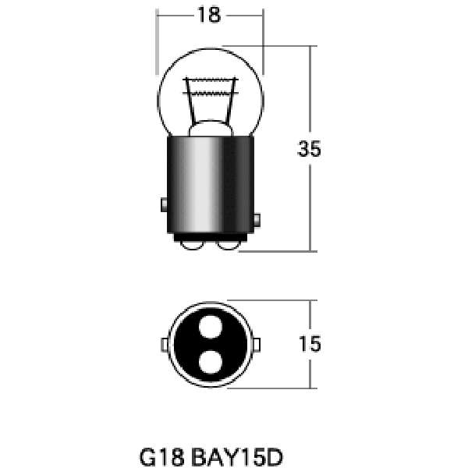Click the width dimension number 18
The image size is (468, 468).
click(x=209, y=15)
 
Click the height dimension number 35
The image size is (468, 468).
click(x=310, y=149)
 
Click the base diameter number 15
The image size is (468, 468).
click(x=310, y=344)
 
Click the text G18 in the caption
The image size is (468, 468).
click(x=161, y=457)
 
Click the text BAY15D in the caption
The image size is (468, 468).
click(x=236, y=457)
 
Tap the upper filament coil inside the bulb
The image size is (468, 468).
click(x=210, y=80)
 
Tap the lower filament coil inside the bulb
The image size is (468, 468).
click(x=210, y=94)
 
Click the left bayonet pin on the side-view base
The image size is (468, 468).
click(x=164, y=204)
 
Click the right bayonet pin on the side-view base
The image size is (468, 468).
click(x=257, y=221)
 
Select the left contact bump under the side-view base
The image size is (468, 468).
click(x=193, y=245)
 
